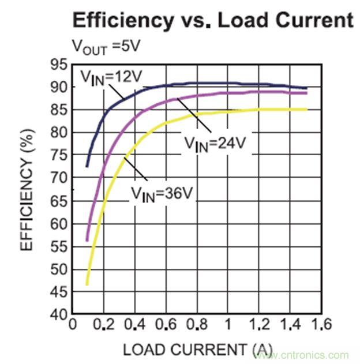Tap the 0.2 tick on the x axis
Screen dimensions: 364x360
click(x=104, y=325)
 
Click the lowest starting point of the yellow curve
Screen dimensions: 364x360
click(x=87, y=284)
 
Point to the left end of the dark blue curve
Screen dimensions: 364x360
click(x=87, y=167)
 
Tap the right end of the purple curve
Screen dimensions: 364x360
click(x=306, y=93)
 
